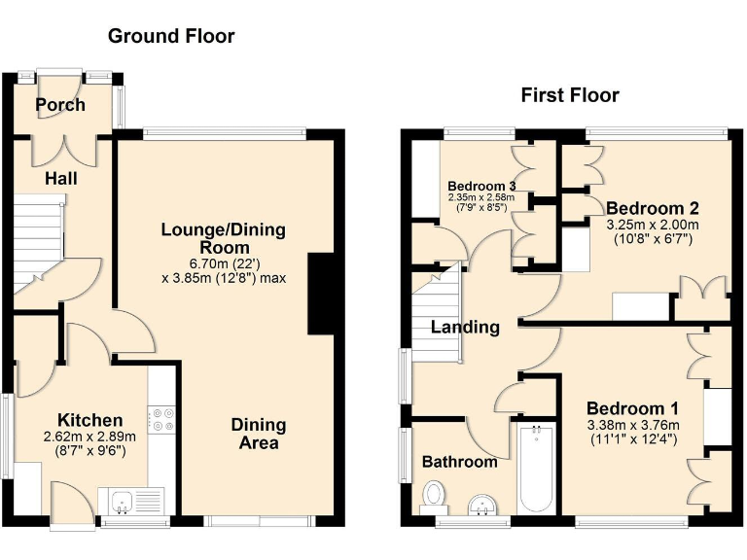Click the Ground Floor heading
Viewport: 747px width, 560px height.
pos(171,37)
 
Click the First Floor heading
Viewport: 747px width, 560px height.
pos(570,95)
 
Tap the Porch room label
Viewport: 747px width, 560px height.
pos(60,105)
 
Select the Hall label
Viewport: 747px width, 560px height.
pos(60,179)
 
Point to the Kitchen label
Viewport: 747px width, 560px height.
pos(89,421)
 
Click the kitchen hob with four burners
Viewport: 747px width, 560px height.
pos(161,419)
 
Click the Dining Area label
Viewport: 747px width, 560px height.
pos(259,434)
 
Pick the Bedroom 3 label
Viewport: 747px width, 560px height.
pos(481,186)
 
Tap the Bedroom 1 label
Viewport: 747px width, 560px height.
pos(632,408)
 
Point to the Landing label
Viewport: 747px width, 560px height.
pos(466,328)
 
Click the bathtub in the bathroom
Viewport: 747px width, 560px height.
pos(536,469)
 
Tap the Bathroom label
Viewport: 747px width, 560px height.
pos(459,462)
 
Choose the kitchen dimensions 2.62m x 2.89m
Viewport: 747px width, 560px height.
pos(89,438)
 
